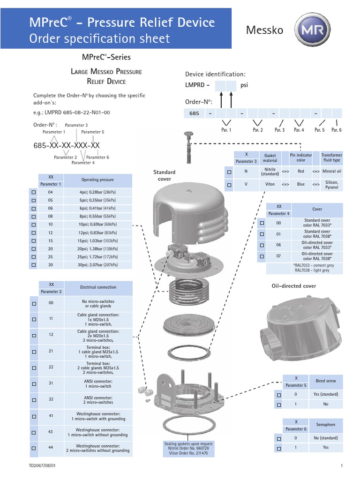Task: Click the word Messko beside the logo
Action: tap(265, 30)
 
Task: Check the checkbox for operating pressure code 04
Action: tap(33, 193)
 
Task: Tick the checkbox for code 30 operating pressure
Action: tap(33, 265)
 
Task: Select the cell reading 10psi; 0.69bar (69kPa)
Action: tap(98, 225)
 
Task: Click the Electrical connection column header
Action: tap(98, 287)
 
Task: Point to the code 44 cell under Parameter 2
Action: tap(51, 448)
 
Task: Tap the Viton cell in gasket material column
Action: tap(270, 184)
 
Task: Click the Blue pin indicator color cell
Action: tap(300, 184)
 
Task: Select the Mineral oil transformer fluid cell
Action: tap(332, 172)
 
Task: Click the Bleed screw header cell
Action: tap(326, 380)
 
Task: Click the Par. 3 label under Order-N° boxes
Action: tap(279, 130)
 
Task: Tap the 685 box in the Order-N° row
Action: tap(195, 113)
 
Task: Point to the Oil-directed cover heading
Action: tap(293, 285)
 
